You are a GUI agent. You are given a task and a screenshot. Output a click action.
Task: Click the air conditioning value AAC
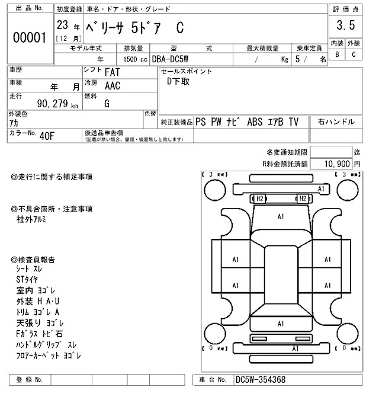[113, 85]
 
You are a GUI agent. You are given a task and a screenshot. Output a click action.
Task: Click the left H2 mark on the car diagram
[259, 199]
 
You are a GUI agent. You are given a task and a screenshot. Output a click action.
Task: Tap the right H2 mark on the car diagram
[302, 199]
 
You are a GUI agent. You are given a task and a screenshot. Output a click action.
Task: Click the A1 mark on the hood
[281, 217]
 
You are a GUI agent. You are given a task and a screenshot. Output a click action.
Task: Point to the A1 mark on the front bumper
[322, 188]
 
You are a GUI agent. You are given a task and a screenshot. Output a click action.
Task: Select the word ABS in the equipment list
[256, 121]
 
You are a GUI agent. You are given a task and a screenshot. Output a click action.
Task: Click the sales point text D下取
[178, 82]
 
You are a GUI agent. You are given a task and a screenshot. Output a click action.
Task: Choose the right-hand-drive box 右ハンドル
[336, 121]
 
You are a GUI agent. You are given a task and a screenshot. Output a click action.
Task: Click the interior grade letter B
[338, 55]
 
